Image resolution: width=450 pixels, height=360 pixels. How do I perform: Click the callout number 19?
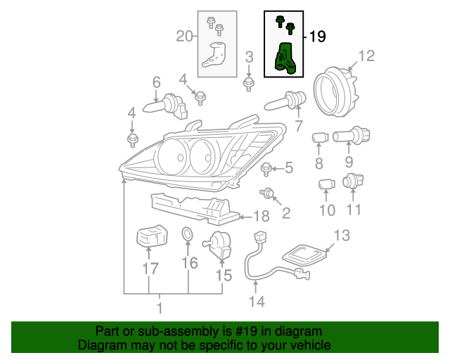pos(317,37)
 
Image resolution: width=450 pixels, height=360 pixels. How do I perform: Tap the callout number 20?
pos(184,37)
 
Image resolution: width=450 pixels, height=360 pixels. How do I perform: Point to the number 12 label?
pos(368,56)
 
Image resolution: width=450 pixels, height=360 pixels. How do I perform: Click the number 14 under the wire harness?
pos(257,302)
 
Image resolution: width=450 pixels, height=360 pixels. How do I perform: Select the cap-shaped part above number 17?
pos(150,236)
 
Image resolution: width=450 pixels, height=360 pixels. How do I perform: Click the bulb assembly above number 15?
pos(219,245)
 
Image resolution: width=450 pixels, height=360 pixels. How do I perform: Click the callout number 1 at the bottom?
pos(159,308)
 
